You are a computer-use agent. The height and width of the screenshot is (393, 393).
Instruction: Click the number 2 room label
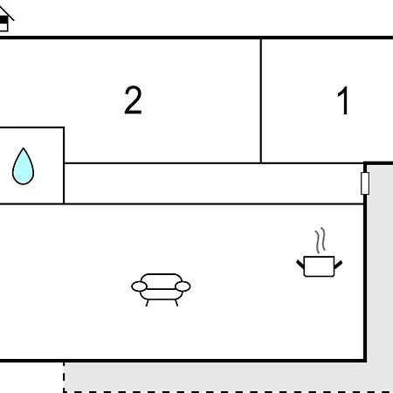[x=133, y=100]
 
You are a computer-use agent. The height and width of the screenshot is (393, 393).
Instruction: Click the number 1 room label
[x=343, y=100]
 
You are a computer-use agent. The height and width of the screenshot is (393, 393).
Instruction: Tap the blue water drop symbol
[x=23, y=167]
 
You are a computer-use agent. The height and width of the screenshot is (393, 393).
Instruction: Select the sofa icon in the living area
[x=161, y=290]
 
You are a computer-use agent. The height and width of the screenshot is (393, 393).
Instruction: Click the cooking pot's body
[x=319, y=266]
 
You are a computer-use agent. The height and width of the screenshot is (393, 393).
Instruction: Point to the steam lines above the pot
[x=320, y=240]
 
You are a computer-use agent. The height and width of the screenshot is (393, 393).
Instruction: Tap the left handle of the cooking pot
[x=300, y=265]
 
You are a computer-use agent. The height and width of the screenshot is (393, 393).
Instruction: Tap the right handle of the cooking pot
[x=338, y=265]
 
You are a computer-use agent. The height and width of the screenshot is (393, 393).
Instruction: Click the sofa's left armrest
[x=139, y=286]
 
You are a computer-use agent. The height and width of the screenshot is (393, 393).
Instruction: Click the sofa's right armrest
[x=183, y=286]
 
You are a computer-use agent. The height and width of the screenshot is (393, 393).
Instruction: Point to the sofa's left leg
[x=148, y=303]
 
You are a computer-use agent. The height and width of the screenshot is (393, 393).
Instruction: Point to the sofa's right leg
[x=176, y=303]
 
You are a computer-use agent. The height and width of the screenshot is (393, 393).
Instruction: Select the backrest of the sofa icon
[x=161, y=279]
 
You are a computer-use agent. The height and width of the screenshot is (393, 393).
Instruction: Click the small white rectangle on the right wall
[x=365, y=183]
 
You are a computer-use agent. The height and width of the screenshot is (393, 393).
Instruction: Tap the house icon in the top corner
[x=5, y=19]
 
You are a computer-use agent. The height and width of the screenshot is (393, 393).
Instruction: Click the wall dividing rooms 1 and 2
[x=261, y=100]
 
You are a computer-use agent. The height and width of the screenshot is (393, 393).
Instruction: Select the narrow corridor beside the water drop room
[x=214, y=183]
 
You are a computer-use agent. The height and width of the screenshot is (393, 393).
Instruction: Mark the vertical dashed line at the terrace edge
[x=64, y=377]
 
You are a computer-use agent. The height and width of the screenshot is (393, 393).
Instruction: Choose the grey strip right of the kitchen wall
[x=380, y=262]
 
